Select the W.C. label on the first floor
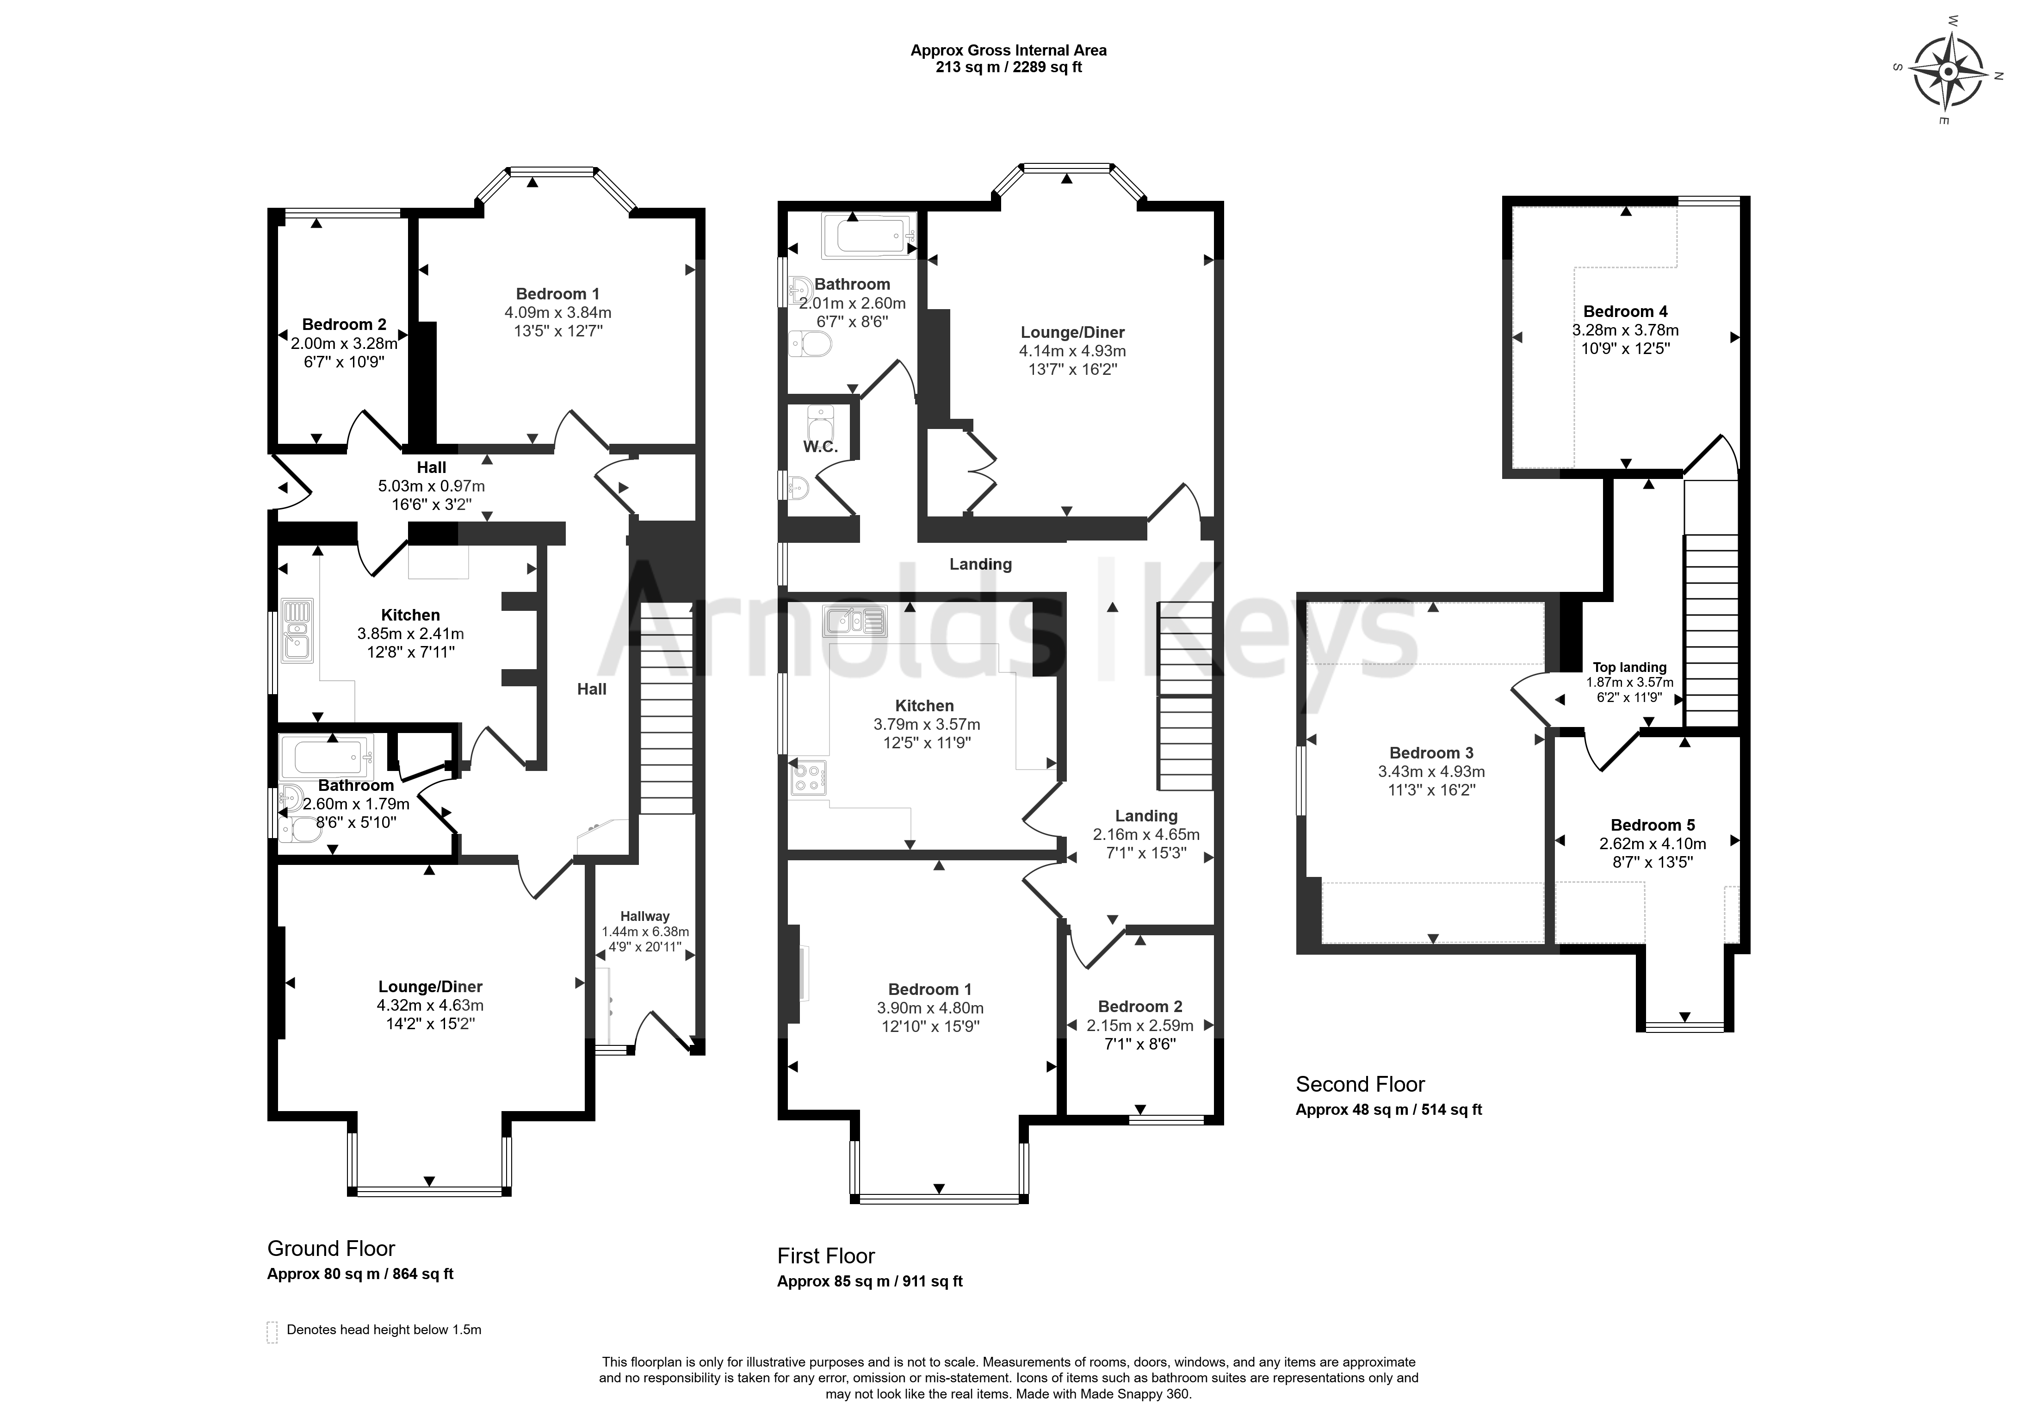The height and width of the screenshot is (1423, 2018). [x=820, y=447]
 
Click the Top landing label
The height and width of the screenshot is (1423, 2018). [x=1629, y=667]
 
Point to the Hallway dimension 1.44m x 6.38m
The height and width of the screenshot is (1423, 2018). [x=645, y=932]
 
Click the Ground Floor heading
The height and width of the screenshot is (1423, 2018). [x=331, y=1249]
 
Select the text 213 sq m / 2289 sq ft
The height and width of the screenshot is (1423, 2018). [x=1008, y=67]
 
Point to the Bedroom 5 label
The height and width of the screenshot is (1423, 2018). [x=1653, y=825]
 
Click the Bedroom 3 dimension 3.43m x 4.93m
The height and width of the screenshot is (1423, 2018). [x=1432, y=772]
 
